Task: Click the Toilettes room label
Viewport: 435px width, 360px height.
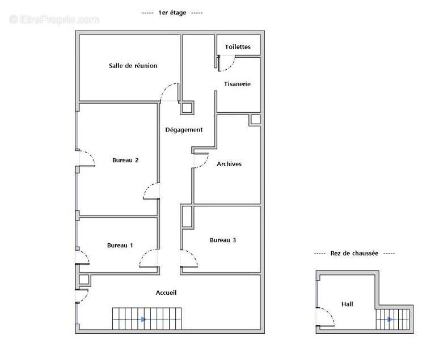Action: [238, 47]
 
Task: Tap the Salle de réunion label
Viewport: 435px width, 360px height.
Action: [133, 66]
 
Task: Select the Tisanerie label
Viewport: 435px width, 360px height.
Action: [237, 84]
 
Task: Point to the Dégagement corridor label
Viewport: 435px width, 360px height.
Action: [184, 130]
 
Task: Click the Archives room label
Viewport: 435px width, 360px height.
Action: [229, 164]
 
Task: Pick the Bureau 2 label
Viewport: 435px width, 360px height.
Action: [125, 160]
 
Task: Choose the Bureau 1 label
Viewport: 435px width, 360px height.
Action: [120, 245]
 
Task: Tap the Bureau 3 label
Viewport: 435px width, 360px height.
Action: [223, 240]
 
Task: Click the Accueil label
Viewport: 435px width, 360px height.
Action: [166, 293]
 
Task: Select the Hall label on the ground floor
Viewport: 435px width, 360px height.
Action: [347, 304]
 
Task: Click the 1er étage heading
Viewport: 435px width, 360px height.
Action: [172, 13]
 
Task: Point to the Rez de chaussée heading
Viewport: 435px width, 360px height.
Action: [354, 253]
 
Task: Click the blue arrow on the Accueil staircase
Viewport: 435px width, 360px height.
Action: [143, 319]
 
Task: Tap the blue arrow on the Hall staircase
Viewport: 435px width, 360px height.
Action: [390, 319]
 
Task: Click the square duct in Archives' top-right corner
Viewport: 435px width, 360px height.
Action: [255, 120]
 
